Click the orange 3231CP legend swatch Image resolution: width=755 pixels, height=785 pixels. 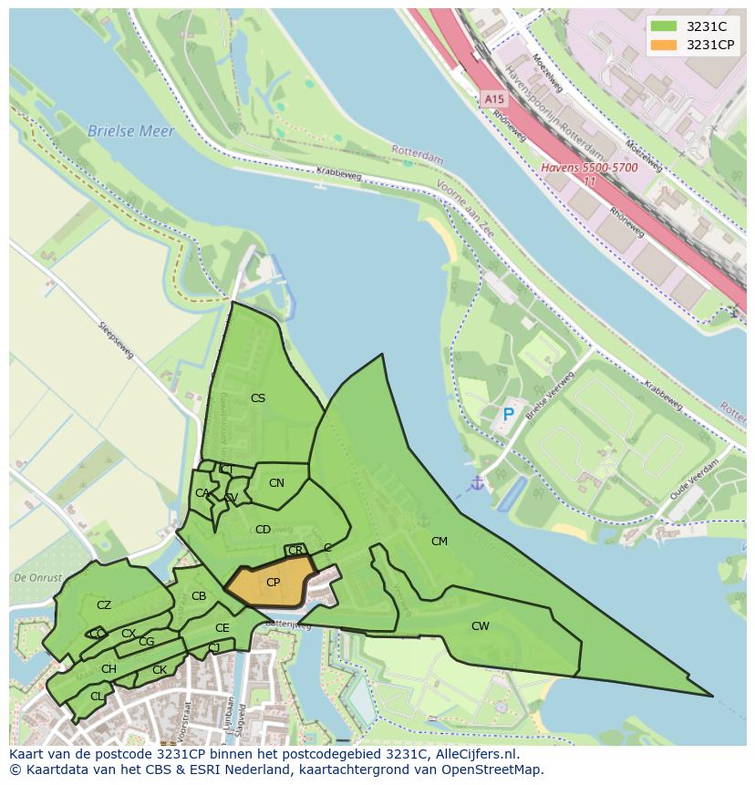(x=665, y=45)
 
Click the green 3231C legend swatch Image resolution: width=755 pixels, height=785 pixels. (x=665, y=26)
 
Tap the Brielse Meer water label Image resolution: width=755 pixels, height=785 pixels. (x=130, y=131)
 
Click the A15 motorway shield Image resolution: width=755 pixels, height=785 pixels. (x=493, y=98)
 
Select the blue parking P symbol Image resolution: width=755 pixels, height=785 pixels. (x=509, y=415)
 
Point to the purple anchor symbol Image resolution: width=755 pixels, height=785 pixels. (x=476, y=482)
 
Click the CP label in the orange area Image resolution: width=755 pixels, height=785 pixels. (x=273, y=583)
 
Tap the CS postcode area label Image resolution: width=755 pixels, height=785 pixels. (x=258, y=398)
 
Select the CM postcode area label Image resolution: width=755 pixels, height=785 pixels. (x=440, y=542)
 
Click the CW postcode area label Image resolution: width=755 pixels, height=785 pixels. (x=480, y=626)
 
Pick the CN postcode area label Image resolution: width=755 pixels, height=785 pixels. (x=276, y=483)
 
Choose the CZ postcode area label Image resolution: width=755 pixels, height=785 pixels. (x=104, y=605)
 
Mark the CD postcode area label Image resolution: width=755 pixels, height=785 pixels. (x=263, y=530)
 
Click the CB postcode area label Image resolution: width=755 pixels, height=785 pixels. (x=199, y=597)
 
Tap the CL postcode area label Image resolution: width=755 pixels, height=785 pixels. (x=97, y=697)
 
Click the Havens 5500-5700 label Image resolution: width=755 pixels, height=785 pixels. (x=589, y=168)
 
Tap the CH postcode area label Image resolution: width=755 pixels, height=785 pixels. (x=109, y=669)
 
